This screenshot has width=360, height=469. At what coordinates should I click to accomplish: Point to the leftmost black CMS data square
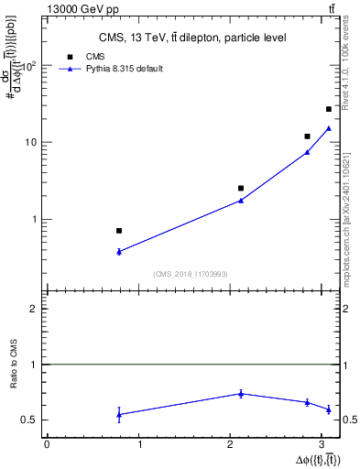119,231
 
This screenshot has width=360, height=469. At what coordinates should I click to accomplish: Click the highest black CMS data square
329,109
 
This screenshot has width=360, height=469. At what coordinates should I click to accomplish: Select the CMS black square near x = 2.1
241,188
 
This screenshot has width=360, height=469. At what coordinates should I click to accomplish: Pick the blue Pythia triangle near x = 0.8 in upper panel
119,251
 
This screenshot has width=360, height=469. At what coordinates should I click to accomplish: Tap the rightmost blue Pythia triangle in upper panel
329,128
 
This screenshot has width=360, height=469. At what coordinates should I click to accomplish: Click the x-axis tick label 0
47,444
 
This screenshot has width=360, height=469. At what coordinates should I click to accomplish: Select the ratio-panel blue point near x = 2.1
241,393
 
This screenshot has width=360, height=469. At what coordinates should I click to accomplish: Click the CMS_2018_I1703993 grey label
191,274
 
